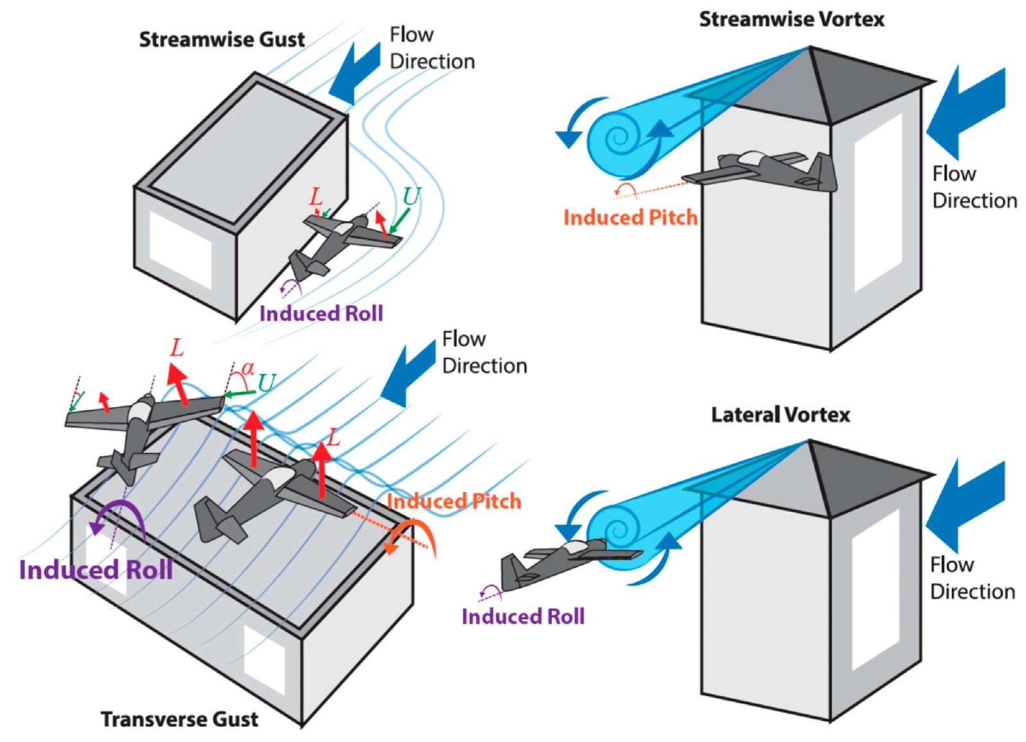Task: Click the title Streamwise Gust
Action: [222, 40]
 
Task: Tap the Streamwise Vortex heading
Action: [791, 20]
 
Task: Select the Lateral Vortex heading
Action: [780, 415]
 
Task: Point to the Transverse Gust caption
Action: [180, 719]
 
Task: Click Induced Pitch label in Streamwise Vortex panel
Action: [630, 218]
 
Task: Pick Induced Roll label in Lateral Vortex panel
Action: [523, 616]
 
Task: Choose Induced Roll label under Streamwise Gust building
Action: [321, 313]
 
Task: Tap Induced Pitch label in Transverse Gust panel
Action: [454, 501]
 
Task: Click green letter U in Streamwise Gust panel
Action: [410, 196]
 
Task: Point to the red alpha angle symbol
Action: [248, 368]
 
